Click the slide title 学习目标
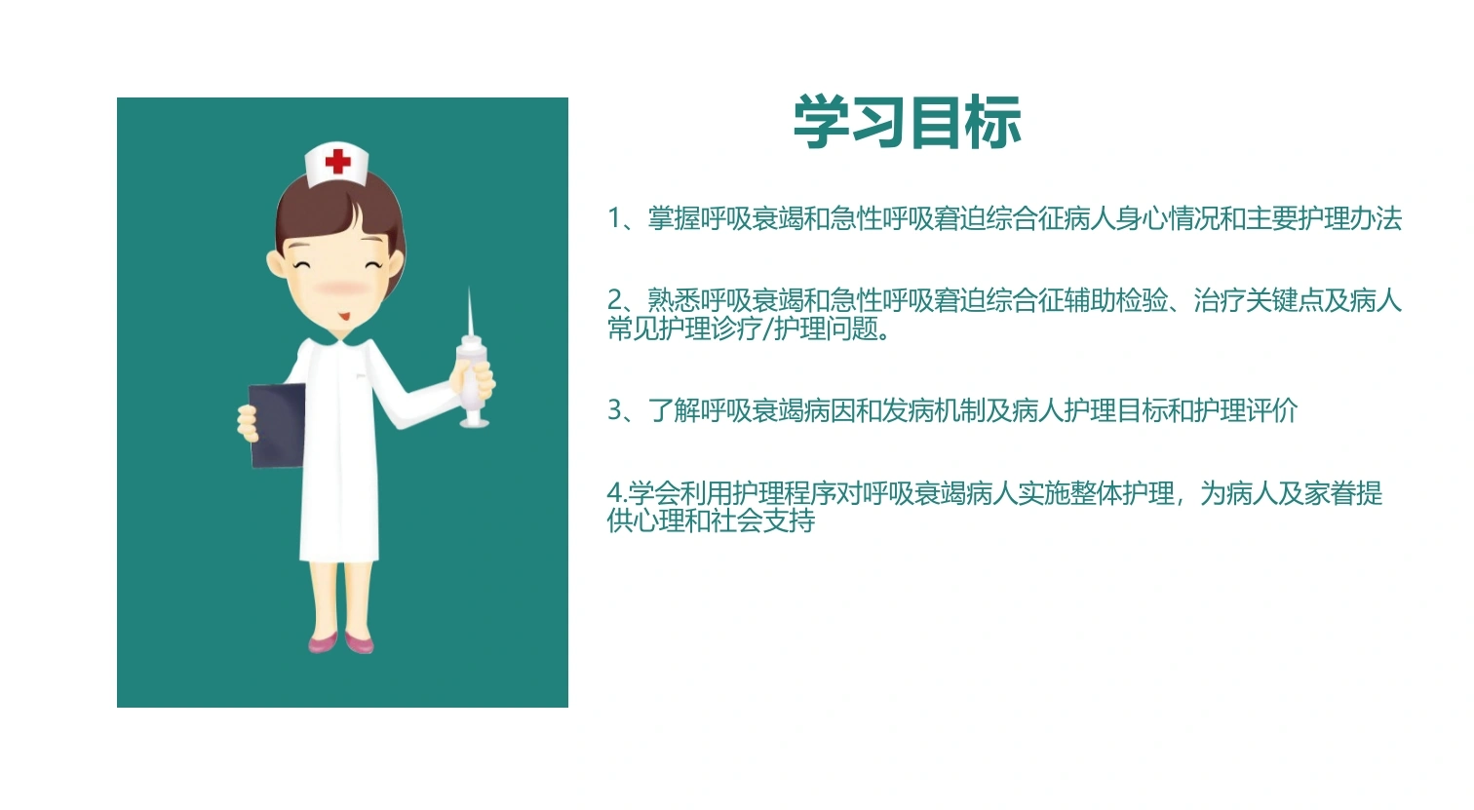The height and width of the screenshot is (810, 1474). pos(908,122)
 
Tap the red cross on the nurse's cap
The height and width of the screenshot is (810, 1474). pos(337,161)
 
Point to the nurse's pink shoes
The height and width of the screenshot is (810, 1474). pos(341,642)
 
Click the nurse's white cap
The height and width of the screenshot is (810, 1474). pos(337,164)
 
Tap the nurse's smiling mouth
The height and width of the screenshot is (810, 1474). pos(344,317)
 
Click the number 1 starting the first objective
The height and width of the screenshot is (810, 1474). pos(614,218)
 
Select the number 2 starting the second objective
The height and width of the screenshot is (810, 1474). pos(614,300)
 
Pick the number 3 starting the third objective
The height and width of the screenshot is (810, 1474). pos(614,410)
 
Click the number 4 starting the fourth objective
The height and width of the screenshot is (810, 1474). pos(614,493)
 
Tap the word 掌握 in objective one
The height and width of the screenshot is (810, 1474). pos(674,218)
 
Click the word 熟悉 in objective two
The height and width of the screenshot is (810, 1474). pos(674,300)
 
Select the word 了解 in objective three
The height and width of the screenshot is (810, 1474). pos(674,410)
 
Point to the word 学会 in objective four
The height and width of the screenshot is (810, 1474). pos(654,493)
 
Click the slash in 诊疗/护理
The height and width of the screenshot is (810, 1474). pos(767,329)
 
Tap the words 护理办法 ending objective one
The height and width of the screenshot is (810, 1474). pos(1350,218)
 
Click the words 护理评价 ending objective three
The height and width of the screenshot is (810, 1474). pos(1246,410)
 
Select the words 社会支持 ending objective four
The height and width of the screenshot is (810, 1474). pos(762,521)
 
